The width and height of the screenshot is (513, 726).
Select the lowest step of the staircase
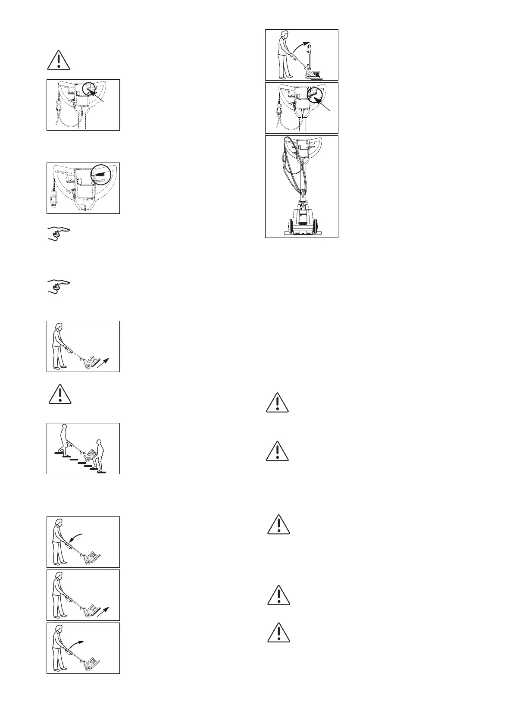[x=102, y=472]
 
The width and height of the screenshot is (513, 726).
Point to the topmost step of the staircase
[x=59, y=454]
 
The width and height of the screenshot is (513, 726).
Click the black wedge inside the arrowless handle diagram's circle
[x=100, y=172]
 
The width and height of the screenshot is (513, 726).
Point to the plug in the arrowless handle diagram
[x=53, y=200]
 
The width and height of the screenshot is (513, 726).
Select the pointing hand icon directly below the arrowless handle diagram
[x=58, y=234]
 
